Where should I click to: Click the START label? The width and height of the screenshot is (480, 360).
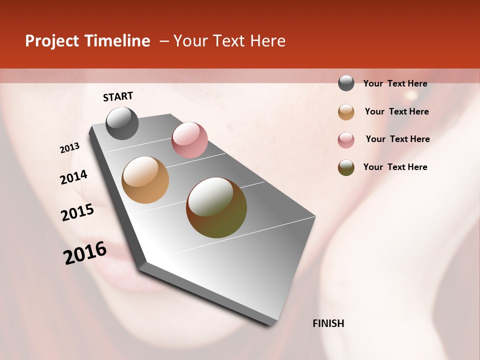(118, 96)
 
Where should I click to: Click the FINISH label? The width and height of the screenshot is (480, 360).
(328, 323)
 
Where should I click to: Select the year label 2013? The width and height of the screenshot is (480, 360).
(70, 148)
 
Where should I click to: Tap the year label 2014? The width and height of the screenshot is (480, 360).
(73, 177)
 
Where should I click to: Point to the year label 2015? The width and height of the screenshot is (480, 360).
(77, 212)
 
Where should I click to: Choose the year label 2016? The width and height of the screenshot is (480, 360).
(85, 253)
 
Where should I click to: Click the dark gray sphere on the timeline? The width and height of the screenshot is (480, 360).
(122, 123)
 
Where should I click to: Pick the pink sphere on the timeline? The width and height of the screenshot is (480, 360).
(189, 140)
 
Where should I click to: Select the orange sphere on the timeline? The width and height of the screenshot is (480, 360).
(145, 180)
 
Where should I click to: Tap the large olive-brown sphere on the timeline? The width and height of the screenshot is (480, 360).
(216, 207)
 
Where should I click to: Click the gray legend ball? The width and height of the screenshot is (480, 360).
(346, 83)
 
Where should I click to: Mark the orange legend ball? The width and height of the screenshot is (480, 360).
(346, 112)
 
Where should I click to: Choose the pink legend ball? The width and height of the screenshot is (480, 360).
(346, 140)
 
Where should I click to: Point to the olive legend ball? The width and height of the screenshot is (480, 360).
(346, 167)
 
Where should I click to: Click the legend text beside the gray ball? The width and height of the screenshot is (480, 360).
(395, 84)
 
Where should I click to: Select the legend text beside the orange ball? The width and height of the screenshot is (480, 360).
(396, 111)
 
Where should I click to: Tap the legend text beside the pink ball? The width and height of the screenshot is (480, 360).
(397, 139)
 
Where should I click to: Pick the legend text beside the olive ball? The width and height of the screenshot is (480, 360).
(395, 167)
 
